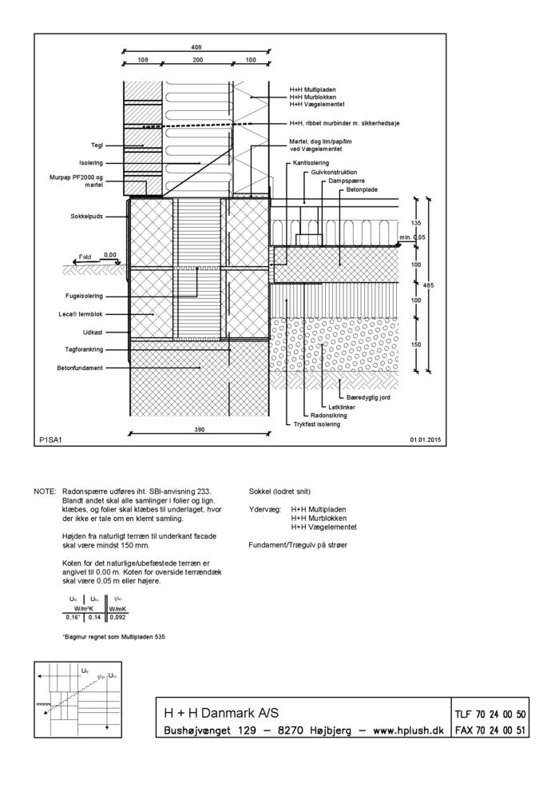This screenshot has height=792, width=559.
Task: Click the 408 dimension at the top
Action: click(196, 47)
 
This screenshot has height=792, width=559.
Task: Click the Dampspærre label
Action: click(345, 181)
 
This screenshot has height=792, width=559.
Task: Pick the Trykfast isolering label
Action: click(316, 424)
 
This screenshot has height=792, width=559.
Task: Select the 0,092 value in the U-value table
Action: click(117, 617)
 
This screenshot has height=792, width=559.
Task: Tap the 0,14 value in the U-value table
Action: click(94, 617)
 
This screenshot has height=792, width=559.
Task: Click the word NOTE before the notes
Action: click(45, 492)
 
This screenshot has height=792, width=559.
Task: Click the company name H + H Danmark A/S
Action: click(221, 713)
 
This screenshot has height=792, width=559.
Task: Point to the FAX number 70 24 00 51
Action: click(490, 730)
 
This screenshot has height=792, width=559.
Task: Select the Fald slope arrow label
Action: click(84, 257)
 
